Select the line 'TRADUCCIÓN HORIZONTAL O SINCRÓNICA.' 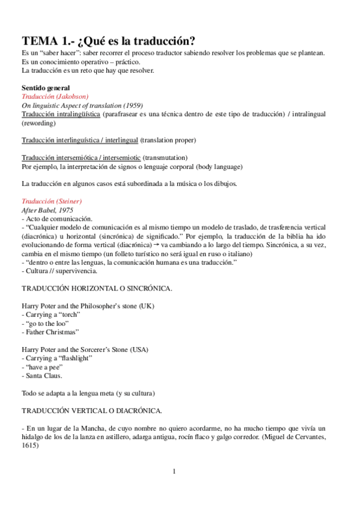97,289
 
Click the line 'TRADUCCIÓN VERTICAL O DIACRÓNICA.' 91,411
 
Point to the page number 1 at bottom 174,471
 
